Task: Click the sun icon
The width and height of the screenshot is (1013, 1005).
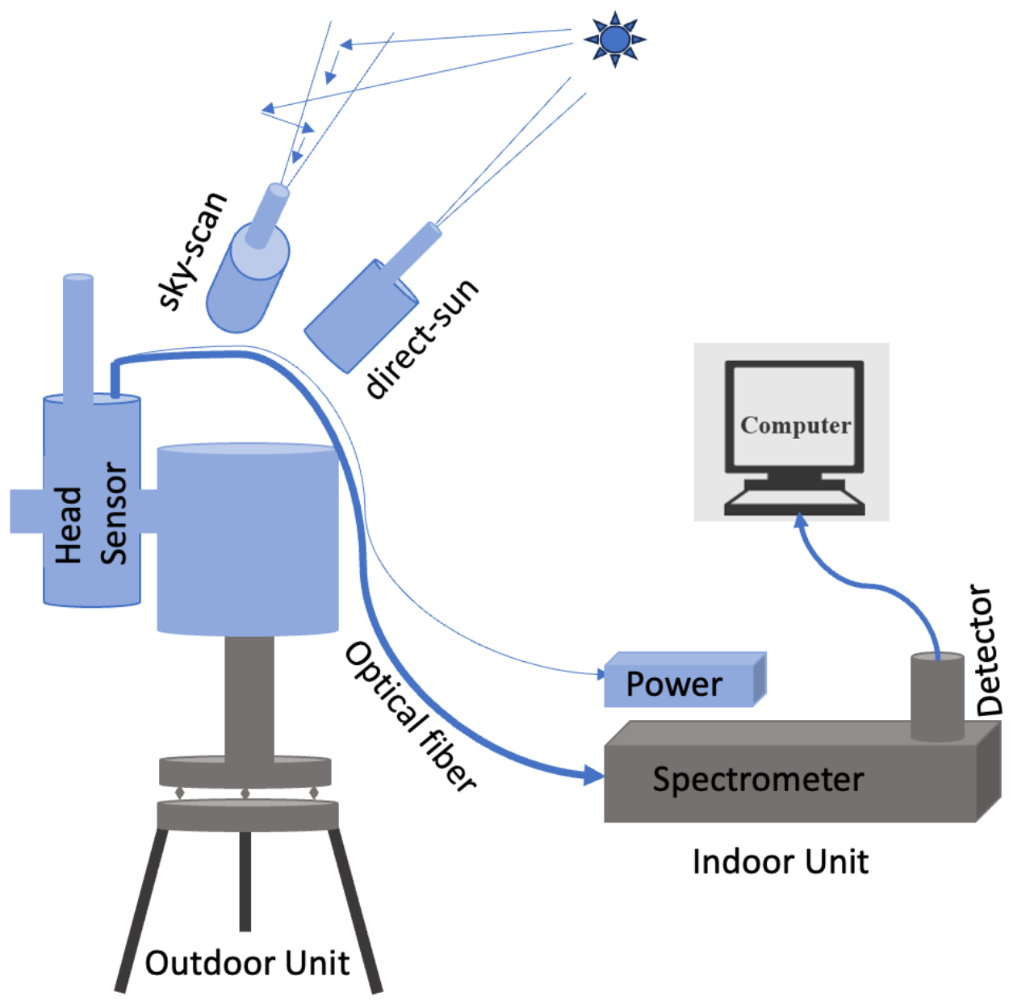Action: (x=615, y=39)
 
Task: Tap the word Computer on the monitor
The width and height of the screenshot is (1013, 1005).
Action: (x=795, y=425)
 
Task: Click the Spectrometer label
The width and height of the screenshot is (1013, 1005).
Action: (x=758, y=780)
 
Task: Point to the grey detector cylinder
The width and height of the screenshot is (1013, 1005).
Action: (x=937, y=696)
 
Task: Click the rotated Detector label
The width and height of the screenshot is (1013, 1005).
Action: (x=987, y=651)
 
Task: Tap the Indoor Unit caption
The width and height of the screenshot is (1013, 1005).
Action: (x=780, y=862)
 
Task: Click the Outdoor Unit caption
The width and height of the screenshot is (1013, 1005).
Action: (x=247, y=963)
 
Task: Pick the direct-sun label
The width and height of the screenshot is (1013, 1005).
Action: (x=421, y=338)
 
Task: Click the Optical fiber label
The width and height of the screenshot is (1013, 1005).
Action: (x=410, y=715)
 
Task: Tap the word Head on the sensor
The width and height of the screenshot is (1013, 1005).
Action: (x=69, y=525)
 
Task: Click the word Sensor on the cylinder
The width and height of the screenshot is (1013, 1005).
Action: (x=114, y=513)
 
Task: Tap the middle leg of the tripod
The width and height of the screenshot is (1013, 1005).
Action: (x=245, y=880)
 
